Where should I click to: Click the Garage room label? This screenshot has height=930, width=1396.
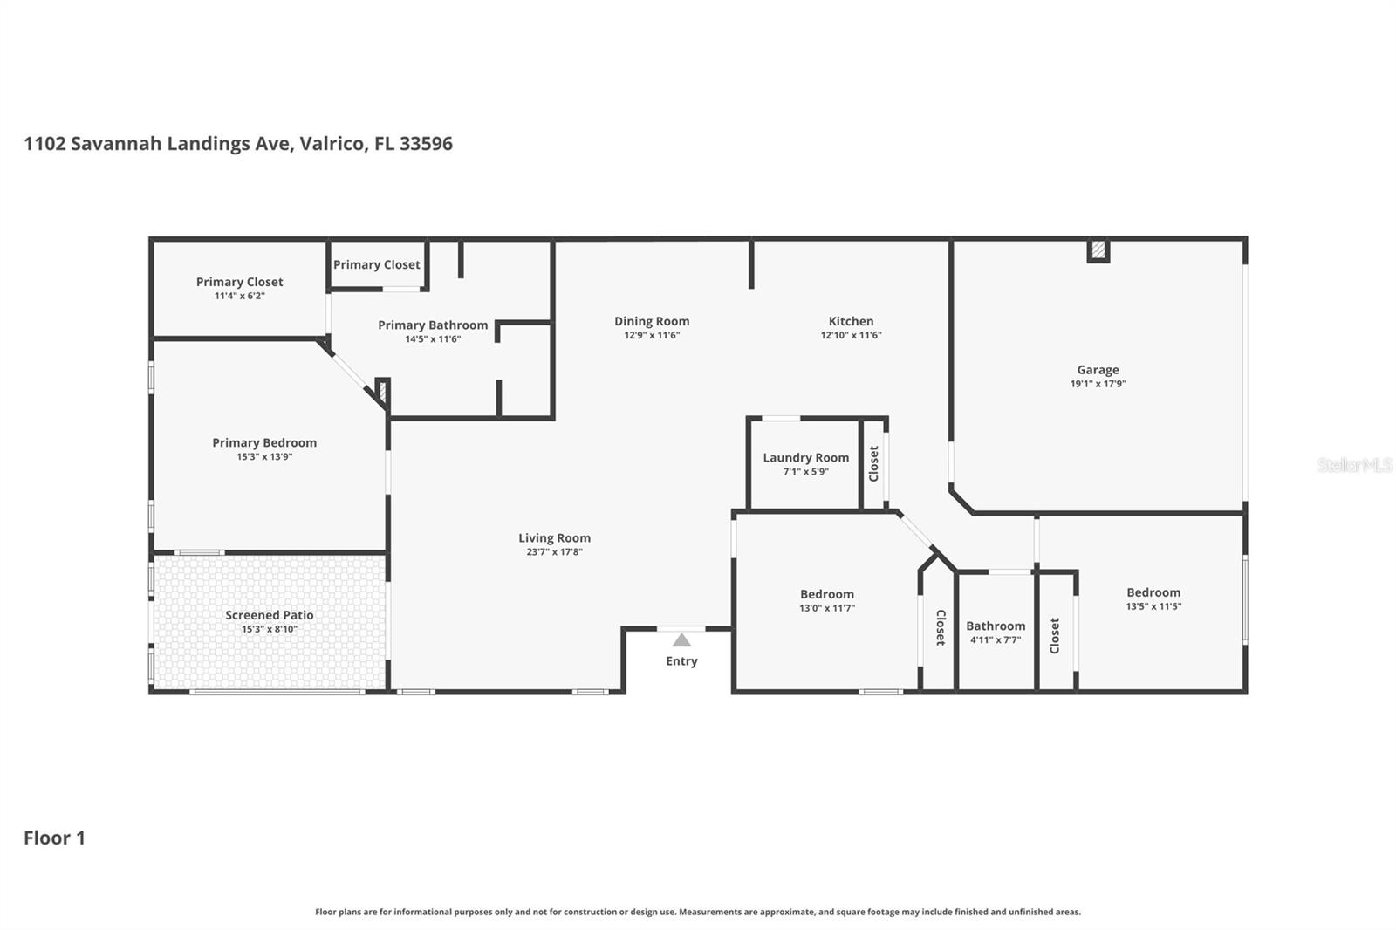tap(1098, 370)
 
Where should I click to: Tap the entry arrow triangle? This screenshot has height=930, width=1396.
tap(681, 640)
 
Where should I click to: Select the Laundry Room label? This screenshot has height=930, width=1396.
tap(805, 458)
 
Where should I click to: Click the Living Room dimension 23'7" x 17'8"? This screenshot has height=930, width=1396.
tap(554, 552)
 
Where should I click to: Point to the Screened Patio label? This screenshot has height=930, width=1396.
tap(269, 615)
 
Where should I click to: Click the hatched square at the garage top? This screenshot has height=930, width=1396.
tap(1098, 251)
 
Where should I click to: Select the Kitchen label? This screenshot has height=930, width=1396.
tap(851, 321)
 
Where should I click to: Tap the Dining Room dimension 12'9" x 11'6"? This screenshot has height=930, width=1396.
tap(651, 335)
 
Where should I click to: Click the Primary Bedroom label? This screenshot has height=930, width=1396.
tap(264, 443)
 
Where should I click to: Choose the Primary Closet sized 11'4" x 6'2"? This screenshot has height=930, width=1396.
tap(239, 282)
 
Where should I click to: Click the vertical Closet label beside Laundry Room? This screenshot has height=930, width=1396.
tap(873, 463)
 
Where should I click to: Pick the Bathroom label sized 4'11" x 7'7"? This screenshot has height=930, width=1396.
tap(996, 626)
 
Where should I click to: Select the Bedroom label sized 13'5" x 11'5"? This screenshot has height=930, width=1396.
tap(1153, 592)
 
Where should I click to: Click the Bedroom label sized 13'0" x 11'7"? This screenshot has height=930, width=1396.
tap(826, 594)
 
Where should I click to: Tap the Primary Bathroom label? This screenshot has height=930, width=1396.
tap(433, 325)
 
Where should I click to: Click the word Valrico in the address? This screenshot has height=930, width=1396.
tap(332, 144)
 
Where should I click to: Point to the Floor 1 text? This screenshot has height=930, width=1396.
tap(54, 838)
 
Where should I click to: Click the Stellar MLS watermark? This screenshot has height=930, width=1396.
tap(1354, 465)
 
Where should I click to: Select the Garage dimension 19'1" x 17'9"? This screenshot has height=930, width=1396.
tap(1098, 384)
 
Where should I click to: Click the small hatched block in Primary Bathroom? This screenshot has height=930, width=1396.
tap(381, 390)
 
